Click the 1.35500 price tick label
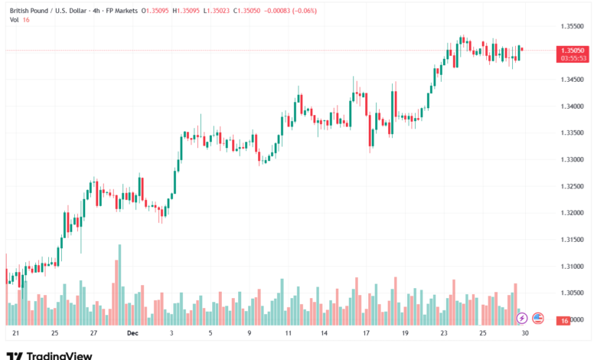573,26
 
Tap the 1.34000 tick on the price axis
573,106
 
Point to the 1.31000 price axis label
573,266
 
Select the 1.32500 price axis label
573,186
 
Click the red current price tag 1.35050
573,50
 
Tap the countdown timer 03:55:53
573,57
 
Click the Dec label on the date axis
132,333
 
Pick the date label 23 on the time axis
445,333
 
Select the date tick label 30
525,333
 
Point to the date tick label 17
367,333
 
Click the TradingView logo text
60,355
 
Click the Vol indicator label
14,20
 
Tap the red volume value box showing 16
564,321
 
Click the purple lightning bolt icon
522,317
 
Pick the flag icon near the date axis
537,317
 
